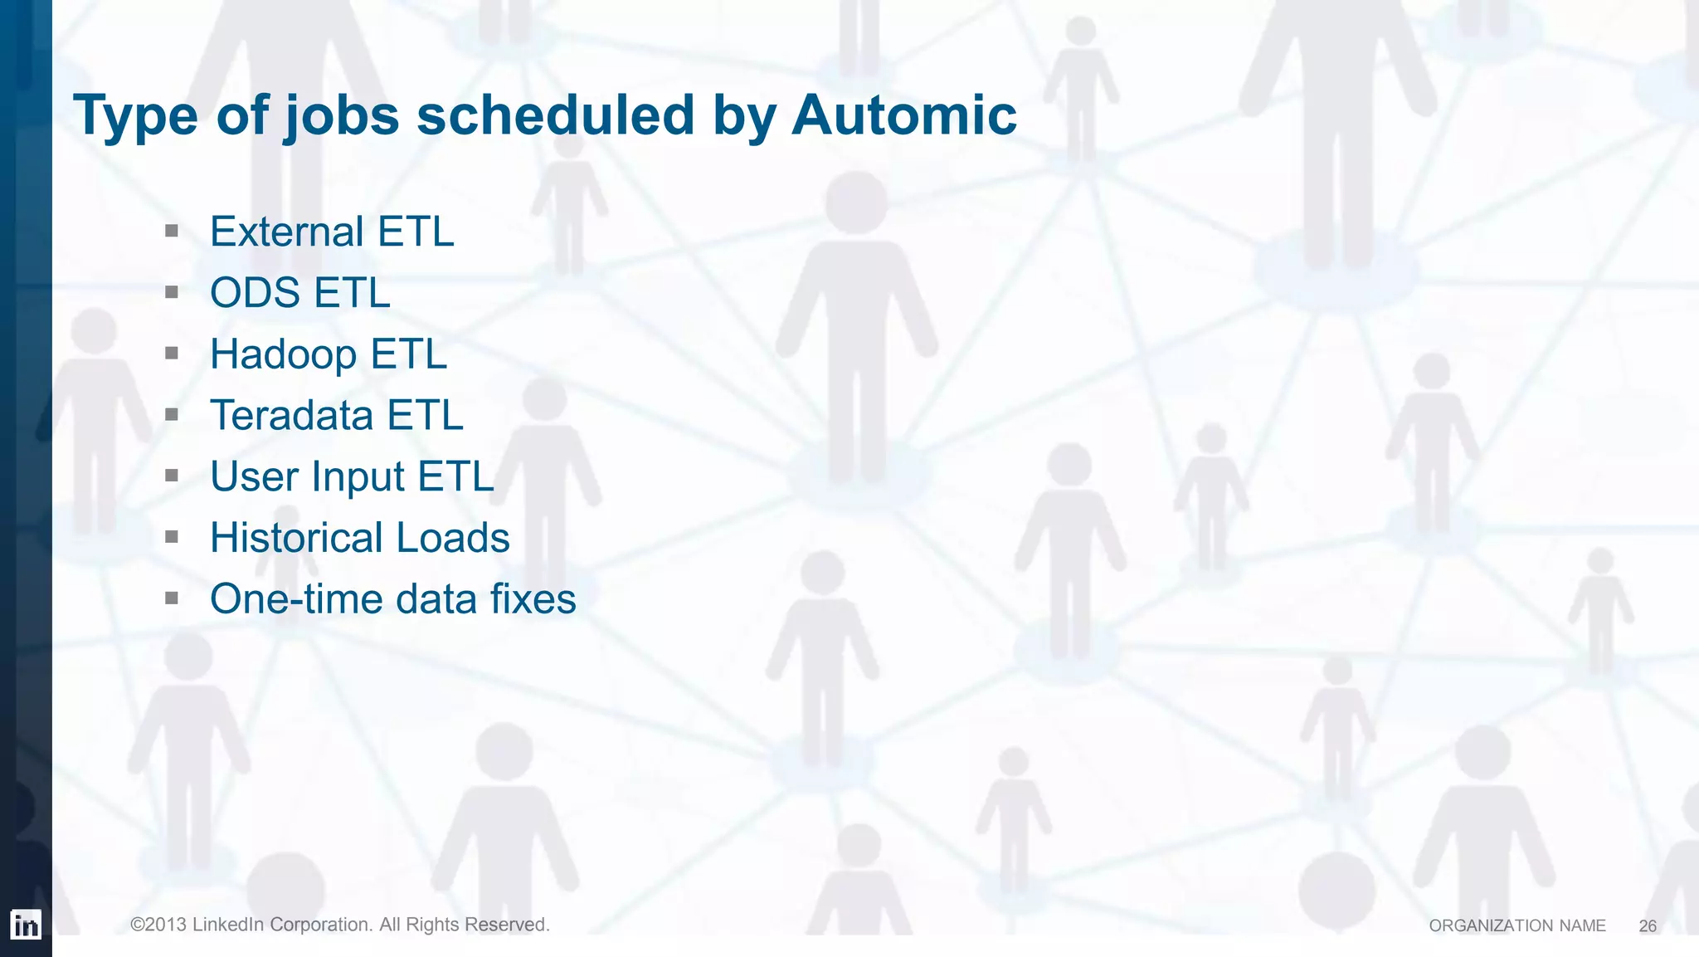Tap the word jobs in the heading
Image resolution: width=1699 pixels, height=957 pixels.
pos(342,116)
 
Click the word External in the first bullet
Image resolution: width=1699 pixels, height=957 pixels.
pos(287,232)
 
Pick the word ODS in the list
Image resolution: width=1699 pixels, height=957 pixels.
pos(255,293)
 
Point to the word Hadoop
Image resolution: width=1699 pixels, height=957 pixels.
pos(283,355)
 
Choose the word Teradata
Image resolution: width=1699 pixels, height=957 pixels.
pos(291,415)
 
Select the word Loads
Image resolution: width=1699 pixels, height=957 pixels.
pos(453,538)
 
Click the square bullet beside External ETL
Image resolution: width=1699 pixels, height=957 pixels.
pos(172,231)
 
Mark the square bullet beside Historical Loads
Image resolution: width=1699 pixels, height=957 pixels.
pos(172,537)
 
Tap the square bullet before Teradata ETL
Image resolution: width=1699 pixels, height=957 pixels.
pos(172,414)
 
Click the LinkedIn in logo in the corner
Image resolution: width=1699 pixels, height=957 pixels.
pos(26,925)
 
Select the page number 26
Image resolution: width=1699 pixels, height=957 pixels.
pos(1648,926)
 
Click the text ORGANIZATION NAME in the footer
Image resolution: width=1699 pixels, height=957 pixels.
pos(1517,925)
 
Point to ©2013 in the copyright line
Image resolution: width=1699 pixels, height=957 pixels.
pos(158,925)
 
